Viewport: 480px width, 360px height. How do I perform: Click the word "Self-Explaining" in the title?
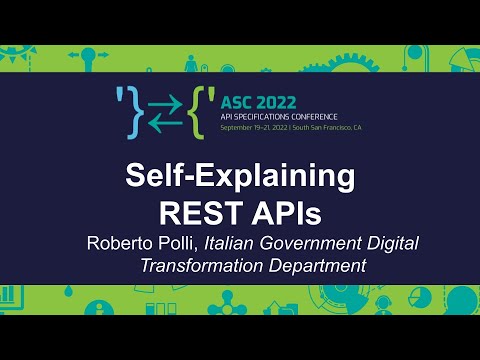pos(240,177)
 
